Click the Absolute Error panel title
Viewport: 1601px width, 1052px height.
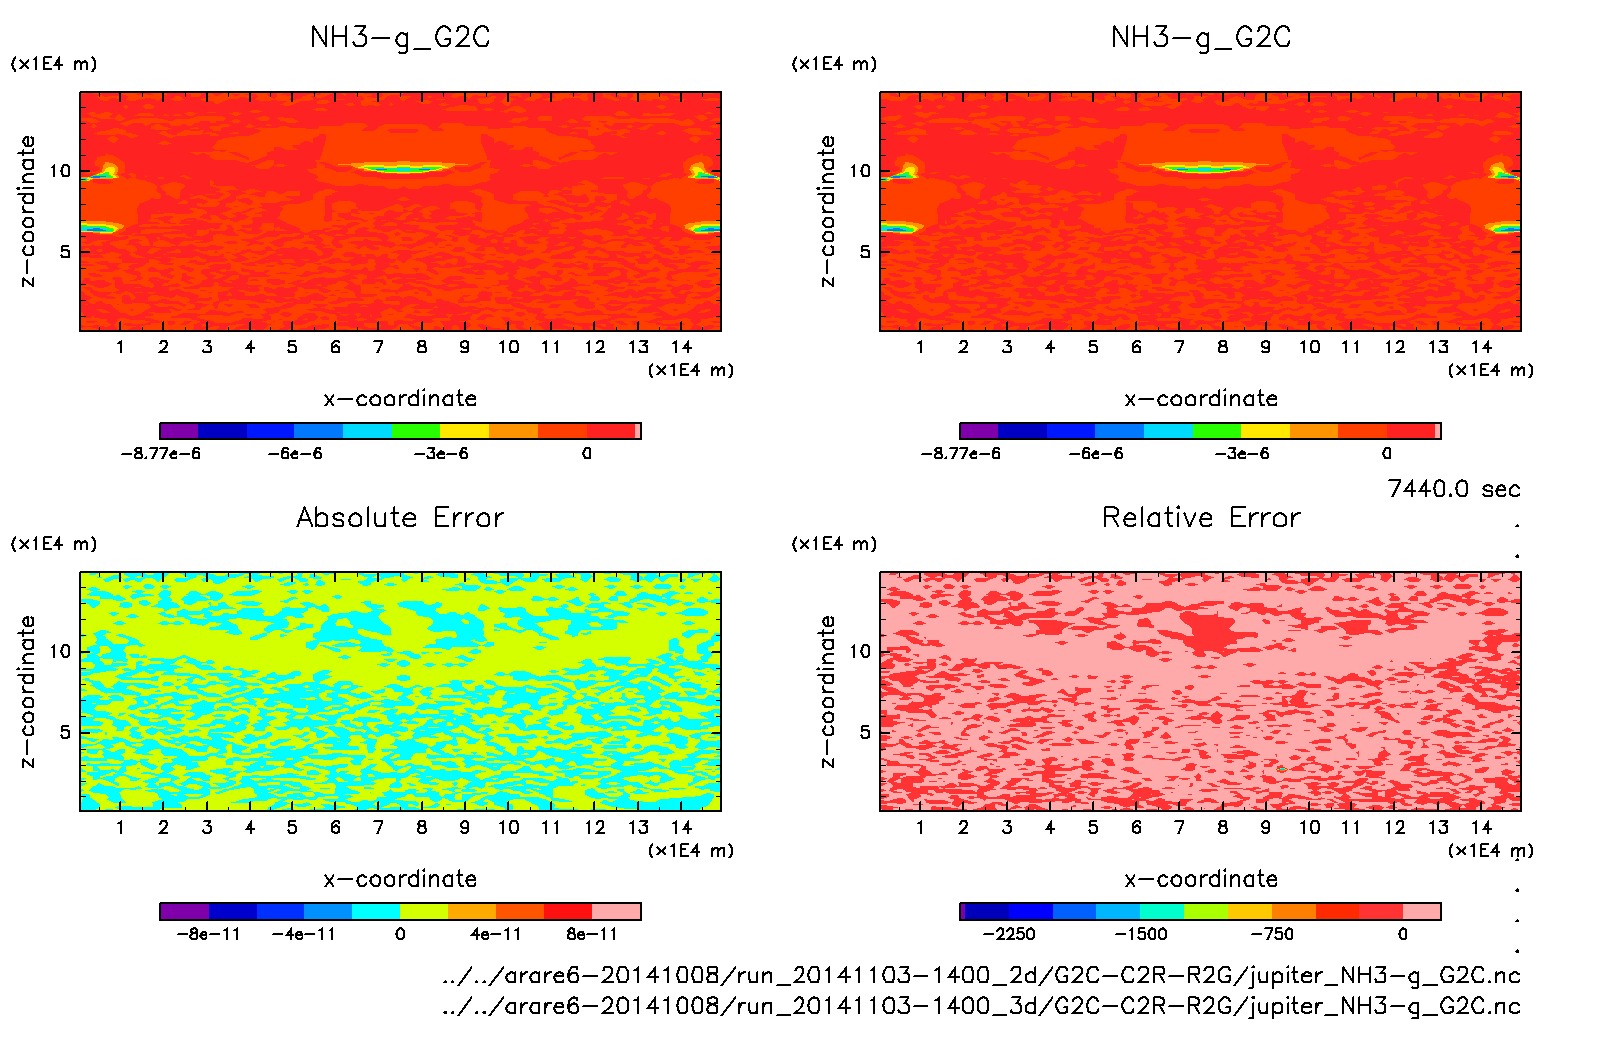(400, 517)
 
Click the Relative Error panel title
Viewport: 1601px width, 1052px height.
(1201, 517)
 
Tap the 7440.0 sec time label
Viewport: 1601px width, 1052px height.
(1453, 489)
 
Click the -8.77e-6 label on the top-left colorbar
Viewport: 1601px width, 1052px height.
(161, 453)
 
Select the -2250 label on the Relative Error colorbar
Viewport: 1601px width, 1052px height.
(1009, 934)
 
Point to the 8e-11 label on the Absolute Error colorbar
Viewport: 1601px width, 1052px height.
(592, 934)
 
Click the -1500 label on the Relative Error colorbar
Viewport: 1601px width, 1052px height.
(1141, 934)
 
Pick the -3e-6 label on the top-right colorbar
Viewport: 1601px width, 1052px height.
(1242, 453)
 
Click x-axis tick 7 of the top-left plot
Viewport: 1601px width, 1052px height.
(378, 347)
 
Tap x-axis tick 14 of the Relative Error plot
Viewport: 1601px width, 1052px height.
(1481, 827)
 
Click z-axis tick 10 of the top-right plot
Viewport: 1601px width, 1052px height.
(860, 171)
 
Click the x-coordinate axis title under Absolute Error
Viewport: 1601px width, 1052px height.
(400, 879)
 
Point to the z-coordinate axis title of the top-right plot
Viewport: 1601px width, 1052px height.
(827, 212)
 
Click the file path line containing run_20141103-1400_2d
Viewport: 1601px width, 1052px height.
(981, 975)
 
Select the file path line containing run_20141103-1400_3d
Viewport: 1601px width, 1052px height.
(981, 1006)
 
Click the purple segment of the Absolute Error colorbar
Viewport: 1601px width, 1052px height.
(184, 911)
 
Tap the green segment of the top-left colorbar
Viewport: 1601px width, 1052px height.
(416, 431)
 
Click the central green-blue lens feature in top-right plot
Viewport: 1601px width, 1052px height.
(1204, 168)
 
